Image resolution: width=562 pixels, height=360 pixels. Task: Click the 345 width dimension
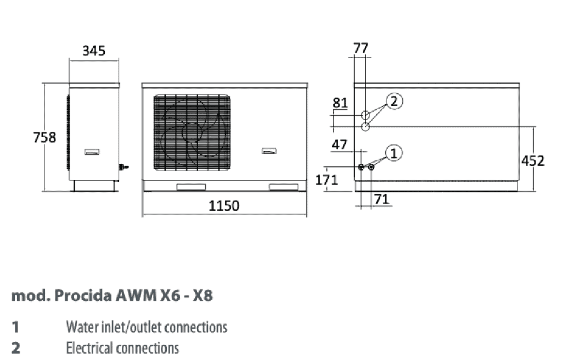tap(94, 51)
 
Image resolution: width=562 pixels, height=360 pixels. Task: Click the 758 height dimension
tap(44, 138)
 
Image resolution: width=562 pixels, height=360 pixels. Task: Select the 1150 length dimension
tap(224, 206)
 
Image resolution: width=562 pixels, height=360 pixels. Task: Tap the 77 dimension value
tap(361, 48)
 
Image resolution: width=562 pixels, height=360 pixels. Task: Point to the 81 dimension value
tap(340, 103)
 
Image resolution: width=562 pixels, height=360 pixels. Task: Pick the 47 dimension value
tap(339, 145)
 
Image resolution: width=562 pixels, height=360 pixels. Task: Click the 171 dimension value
tap(327, 179)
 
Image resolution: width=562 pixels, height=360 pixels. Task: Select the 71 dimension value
tap(381, 199)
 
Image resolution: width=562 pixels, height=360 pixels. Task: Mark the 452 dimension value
tap(532, 161)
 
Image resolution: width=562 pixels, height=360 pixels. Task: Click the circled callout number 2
tap(394, 102)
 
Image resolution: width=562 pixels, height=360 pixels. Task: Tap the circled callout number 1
tap(394, 153)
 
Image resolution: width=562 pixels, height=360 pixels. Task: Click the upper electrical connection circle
tap(365, 115)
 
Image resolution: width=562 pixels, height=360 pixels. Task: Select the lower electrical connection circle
tap(365, 127)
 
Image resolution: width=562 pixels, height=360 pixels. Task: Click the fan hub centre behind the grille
tap(193, 133)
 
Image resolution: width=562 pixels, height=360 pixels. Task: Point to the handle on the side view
tap(92, 152)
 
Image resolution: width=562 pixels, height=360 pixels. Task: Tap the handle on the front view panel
tap(269, 151)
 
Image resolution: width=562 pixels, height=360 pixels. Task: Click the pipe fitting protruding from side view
tap(123, 167)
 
